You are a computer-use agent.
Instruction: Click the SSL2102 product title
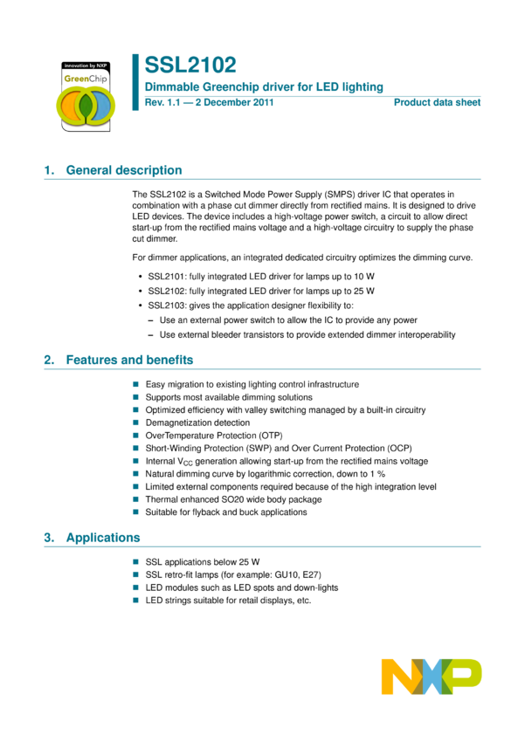[190, 65]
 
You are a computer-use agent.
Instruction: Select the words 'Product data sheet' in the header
[438, 102]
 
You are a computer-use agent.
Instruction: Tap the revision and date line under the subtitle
[209, 102]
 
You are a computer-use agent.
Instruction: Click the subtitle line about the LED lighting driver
[263, 86]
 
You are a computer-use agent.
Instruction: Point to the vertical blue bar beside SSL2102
[135, 82]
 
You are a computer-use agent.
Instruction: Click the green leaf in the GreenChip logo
[86, 106]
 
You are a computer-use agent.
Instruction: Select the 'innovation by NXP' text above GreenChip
[85, 66]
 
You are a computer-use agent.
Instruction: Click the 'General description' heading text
[124, 170]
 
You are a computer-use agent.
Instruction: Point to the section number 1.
[48, 170]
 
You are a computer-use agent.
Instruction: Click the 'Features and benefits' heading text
[129, 360]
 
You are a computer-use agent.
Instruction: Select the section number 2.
[48, 360]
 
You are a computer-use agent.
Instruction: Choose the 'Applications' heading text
[103, 538]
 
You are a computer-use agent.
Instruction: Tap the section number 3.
[48, 538]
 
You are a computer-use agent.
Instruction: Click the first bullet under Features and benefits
[135, 383]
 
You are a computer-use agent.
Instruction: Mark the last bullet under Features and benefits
[135, 512]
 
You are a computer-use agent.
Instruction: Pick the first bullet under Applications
[135, 561]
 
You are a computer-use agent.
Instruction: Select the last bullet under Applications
[135, 600]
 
